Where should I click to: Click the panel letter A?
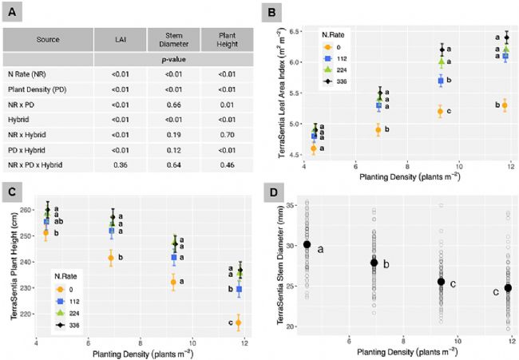pos(14,14)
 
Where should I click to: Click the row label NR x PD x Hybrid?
pos(53,165)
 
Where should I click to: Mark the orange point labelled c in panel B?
pos(440,112)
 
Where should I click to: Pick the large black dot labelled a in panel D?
pos(307,244)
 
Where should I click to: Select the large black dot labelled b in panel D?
pos(373,263)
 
